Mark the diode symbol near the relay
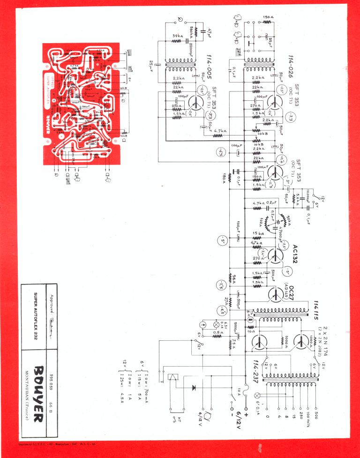(x=194, y=388)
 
